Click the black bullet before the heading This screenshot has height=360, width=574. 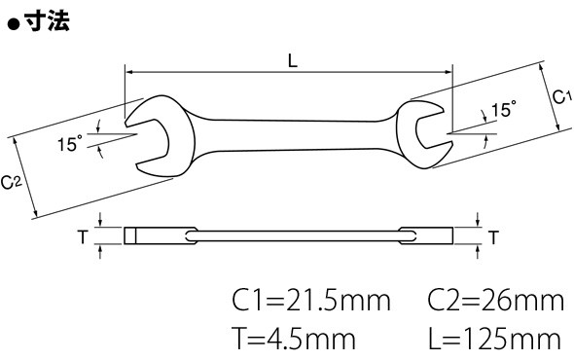[14, 25]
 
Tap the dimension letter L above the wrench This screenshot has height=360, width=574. [293, 60]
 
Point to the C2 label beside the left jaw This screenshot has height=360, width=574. [11, 182]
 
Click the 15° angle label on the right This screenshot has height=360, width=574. [504, 109]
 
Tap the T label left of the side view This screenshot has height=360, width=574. [83, 237]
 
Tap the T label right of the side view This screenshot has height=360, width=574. [494, 237]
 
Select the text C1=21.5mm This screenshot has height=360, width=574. [311, 301]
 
